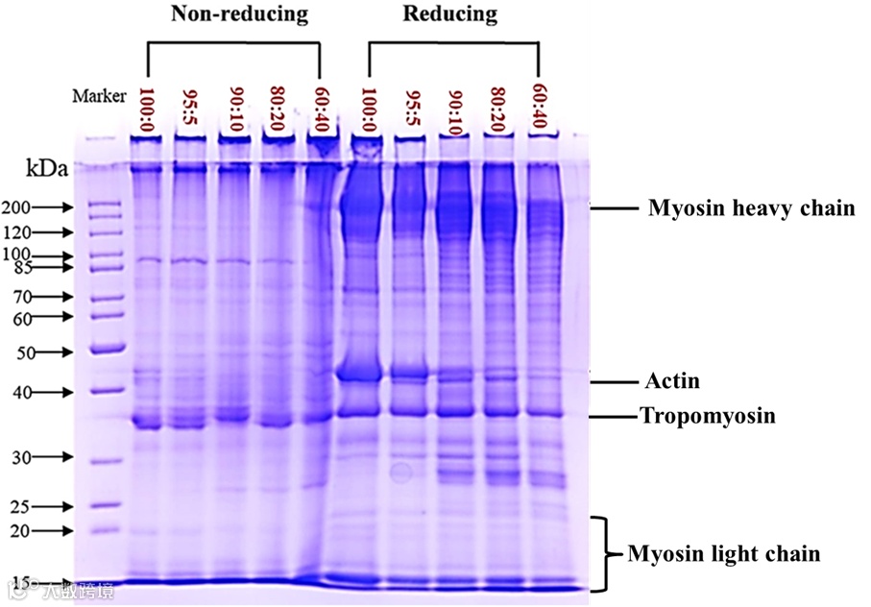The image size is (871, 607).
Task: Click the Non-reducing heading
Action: (239, 14)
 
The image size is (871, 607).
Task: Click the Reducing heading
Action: (450, 14)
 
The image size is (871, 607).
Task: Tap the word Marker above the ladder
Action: (99, 95)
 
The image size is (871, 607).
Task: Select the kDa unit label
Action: (47, 170)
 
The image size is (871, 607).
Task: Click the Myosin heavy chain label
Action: (751, 208)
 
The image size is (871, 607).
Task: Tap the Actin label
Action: (671, 381)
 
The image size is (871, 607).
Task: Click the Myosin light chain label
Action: (723, 554)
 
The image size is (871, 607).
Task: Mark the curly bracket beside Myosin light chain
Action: (605, 554)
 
